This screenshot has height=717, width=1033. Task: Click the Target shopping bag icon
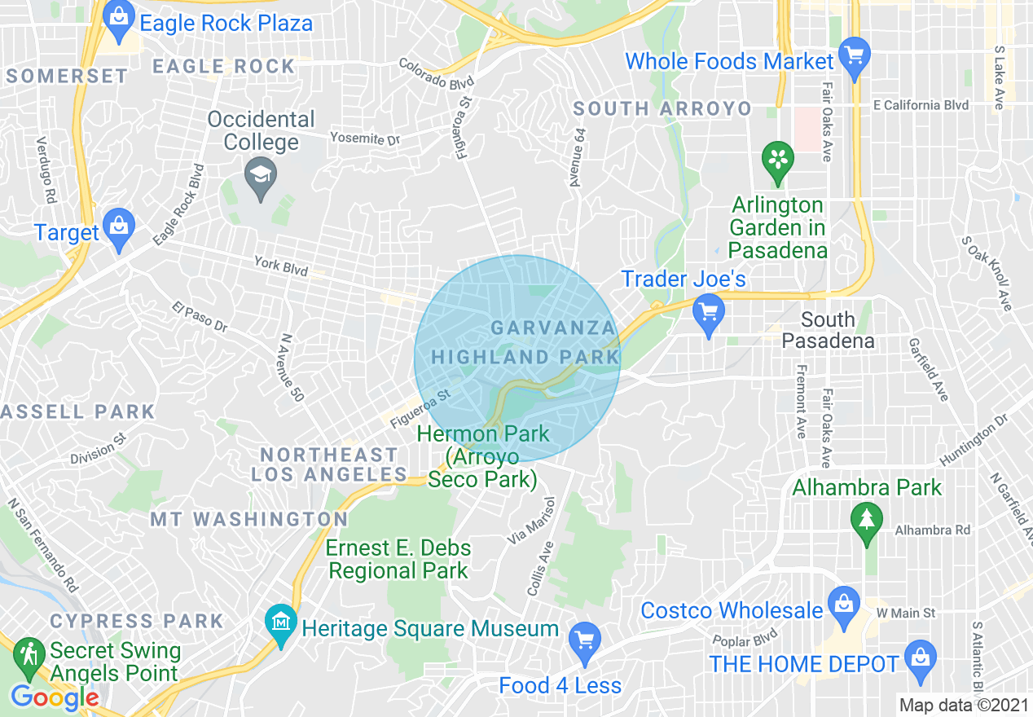120,230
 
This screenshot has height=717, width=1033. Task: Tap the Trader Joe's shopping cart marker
708,314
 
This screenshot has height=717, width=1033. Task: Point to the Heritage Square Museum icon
281,625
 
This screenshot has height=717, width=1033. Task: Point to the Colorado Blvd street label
436,74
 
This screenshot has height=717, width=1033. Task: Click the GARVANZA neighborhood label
552,328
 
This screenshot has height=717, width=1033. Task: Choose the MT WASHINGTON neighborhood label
248,519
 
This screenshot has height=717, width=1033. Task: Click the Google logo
55,697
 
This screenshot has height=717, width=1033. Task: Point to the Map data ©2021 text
961,705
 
